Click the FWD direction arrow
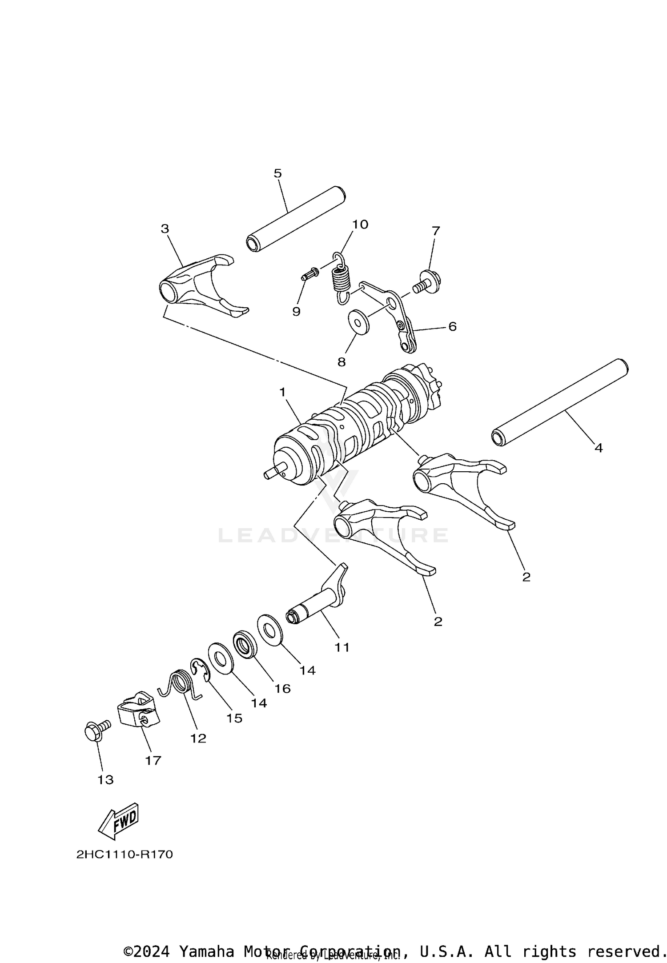click(119, 821)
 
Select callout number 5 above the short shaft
click(277, 173)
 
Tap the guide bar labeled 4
click(560, 402)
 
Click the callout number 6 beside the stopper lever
click(452, 327)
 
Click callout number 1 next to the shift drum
click(282, 392)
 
